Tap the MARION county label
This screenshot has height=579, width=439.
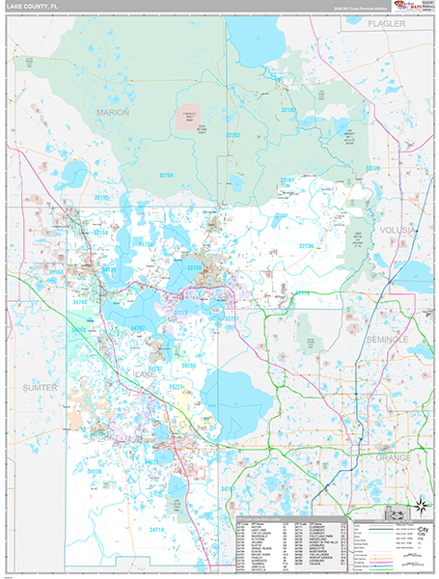click(112, 113)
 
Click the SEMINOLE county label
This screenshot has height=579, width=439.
click(388, 341)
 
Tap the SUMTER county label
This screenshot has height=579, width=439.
click(40, 387)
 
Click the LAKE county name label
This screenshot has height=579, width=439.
click(146, 372)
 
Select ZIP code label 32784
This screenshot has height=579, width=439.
click(167, 176)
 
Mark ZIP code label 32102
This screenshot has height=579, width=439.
click(288, 111)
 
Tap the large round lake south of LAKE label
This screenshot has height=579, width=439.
click(237, 395)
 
